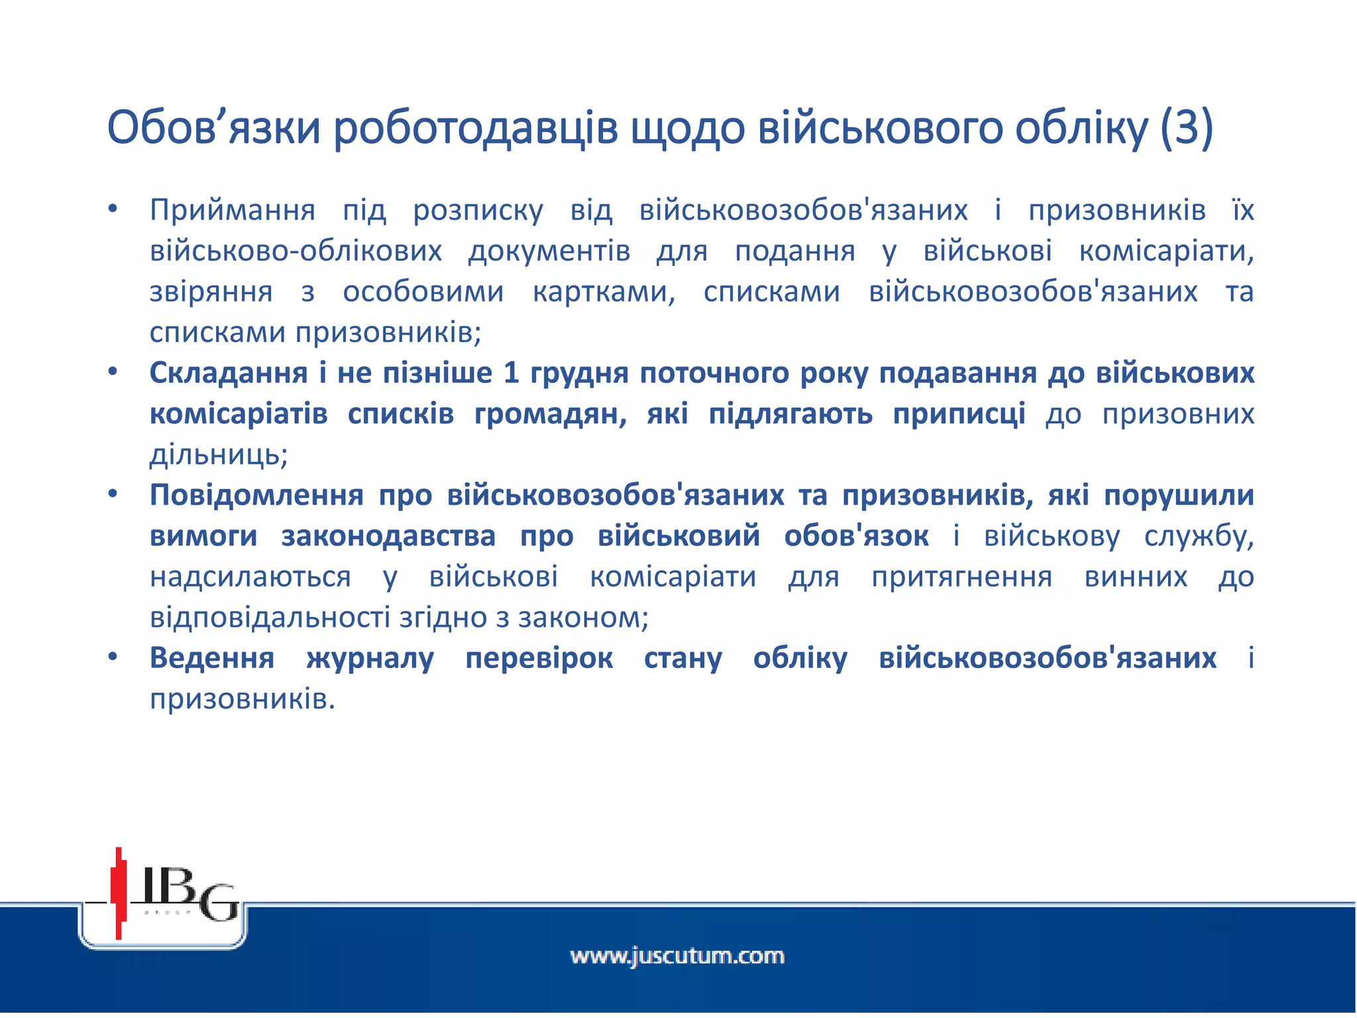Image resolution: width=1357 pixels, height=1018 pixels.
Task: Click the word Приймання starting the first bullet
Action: pos(233,211)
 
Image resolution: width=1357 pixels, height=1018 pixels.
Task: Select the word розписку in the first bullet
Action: pos(478,211)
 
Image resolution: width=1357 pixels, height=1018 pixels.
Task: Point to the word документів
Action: pos(549,252)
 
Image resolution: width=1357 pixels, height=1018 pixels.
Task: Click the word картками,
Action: pos(604,292)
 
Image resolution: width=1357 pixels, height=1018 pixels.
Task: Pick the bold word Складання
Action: pos(229,373)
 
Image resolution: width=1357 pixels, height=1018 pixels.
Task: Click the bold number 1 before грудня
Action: pos(510,373)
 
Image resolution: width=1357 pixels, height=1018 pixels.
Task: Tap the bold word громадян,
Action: pos(551,414)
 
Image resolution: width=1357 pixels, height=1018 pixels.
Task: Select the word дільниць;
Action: pos(219,455)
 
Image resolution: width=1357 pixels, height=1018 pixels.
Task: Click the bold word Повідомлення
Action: pos(256,496)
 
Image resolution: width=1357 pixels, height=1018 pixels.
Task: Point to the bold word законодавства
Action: pos(388,536)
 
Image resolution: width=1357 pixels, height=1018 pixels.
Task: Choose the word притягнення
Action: pos(961,577)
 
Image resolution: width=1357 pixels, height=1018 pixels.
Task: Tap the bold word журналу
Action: pos(370,659)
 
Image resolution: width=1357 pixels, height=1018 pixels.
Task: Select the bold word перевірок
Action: pos(539,659)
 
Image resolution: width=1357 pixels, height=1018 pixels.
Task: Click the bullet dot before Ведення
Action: pos(113,657)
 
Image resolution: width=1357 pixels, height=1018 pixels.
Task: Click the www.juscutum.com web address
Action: pos(677,956)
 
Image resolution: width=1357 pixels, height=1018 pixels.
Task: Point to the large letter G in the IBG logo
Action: pos(219,902)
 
